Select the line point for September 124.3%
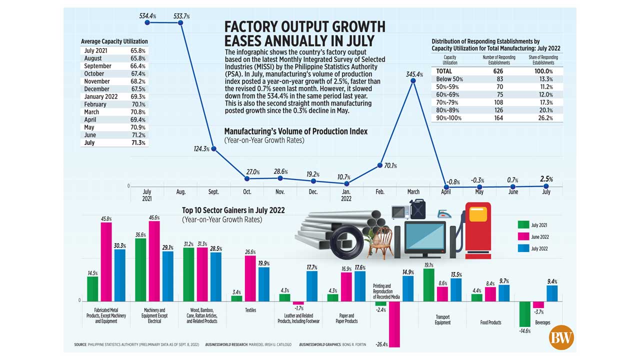(x=214, y=148)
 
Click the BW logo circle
(x=560, y=338)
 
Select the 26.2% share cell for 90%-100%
(x=543, y=118)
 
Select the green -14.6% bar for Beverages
(x=524, y=313)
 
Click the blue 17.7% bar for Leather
(x=312, y=286)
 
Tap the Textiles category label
(x=250, y=310)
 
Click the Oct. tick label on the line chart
(x=247, y=191)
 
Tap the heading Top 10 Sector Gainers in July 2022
(x=233, y=210)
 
